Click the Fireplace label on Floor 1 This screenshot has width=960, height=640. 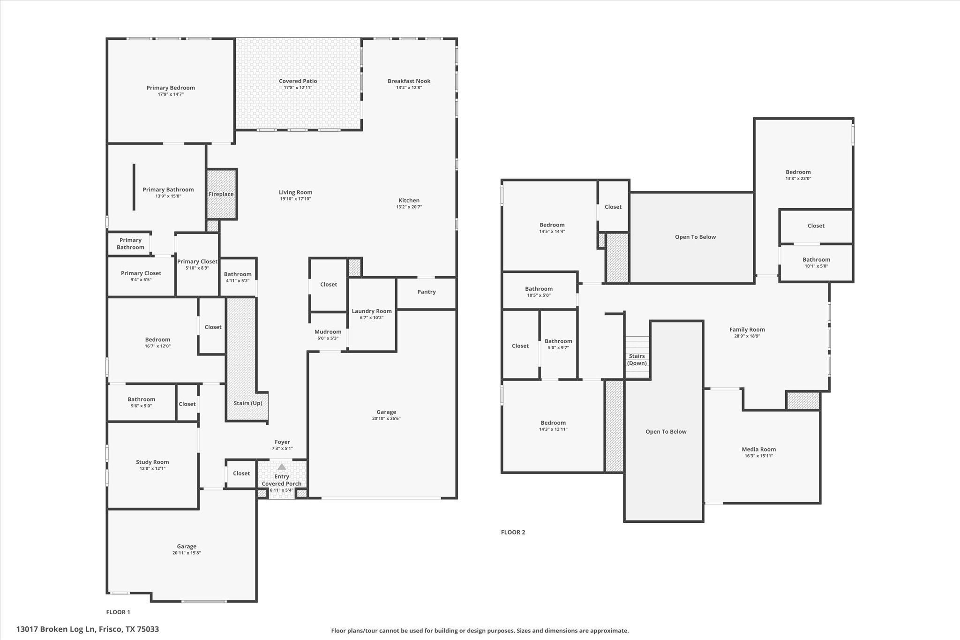coord(221,194)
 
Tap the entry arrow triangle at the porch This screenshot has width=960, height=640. coord(282,467)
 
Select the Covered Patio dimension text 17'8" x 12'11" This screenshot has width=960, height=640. coord(298,88)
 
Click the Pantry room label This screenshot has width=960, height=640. coord(426,292)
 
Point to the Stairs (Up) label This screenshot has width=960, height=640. coord(247,403)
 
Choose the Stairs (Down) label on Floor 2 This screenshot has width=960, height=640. coord(637,360)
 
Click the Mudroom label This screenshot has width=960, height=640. coord(328,332)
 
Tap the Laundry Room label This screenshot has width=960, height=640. coord(371,311)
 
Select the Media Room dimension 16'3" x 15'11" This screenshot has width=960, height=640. coord(758,456)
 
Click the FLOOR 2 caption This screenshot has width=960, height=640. coord(513,532)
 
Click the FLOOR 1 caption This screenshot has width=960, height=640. coord(118,612)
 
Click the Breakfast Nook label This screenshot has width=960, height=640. coord(409,81)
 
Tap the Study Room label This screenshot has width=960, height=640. coord(152,462)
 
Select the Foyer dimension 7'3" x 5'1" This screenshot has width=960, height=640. coord(282,449)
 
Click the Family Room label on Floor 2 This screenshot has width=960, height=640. coord(747,330)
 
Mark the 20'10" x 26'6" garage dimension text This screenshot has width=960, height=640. coord(386,419)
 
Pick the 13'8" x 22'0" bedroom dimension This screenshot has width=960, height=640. coord(798,179)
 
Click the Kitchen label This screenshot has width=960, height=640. coord(409,200)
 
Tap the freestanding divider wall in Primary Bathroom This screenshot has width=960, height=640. coord(134,187)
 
